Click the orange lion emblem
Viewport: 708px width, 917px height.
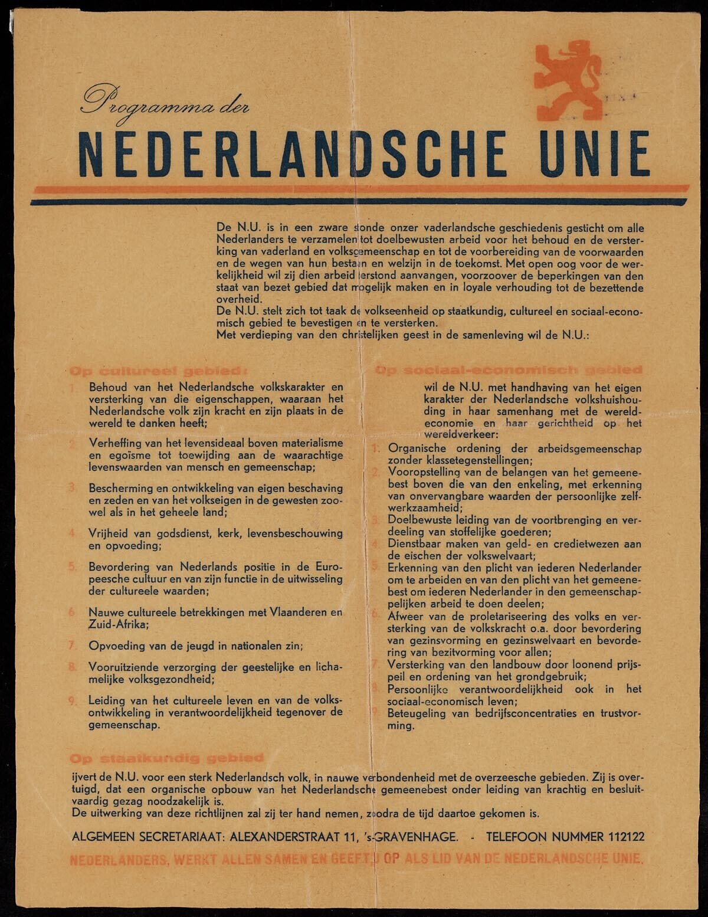click(567, 80)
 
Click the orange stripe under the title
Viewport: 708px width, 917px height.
click(360, 189)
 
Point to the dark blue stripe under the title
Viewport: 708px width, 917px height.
click(360, 202)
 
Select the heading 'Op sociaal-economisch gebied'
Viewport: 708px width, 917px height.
click(509, 370)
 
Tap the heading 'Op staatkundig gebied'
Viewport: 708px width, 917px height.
click(166, 757)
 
